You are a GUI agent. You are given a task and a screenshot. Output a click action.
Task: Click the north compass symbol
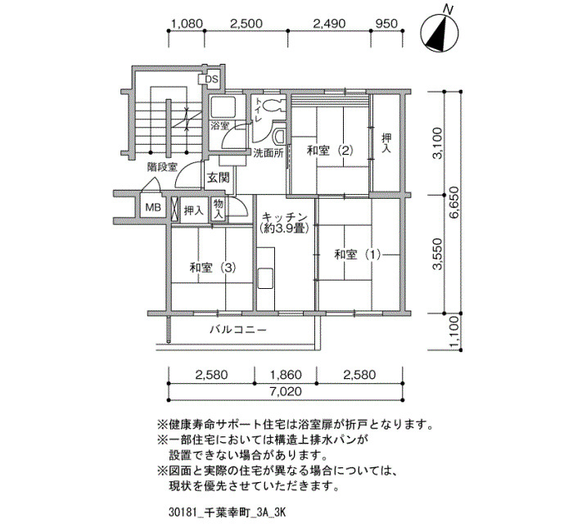point(440,34)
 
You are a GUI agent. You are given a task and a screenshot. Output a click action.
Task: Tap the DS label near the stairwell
point(211,79)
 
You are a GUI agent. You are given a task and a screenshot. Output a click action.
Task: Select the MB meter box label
point(153,208)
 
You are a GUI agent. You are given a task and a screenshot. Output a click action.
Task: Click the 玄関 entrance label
point(219,178)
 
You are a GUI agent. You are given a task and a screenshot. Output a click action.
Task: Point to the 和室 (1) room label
point(358,255)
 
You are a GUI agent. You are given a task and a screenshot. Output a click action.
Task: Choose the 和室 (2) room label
point(331,150)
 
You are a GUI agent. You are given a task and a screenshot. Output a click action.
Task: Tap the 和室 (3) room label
point(213,268)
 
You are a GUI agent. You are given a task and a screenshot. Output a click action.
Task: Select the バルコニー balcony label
point(238,330)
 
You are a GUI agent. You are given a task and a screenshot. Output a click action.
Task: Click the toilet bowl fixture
point(273,105)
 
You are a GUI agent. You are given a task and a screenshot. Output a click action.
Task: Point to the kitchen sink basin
point(265,278)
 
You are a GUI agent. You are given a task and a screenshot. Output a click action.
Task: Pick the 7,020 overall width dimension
point(286,392)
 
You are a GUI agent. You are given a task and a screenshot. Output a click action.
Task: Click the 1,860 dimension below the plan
point(286,375)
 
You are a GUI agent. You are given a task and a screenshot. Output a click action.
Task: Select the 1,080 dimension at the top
point(187,24)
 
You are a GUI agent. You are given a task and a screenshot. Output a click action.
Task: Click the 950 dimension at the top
point(386,24)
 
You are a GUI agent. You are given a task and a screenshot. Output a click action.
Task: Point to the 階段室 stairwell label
point(162,167)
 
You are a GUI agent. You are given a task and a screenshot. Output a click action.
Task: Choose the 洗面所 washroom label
point(268,153)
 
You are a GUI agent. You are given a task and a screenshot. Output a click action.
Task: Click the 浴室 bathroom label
point(219,126)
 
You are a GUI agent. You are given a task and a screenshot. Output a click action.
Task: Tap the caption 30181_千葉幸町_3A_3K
point(227,512)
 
